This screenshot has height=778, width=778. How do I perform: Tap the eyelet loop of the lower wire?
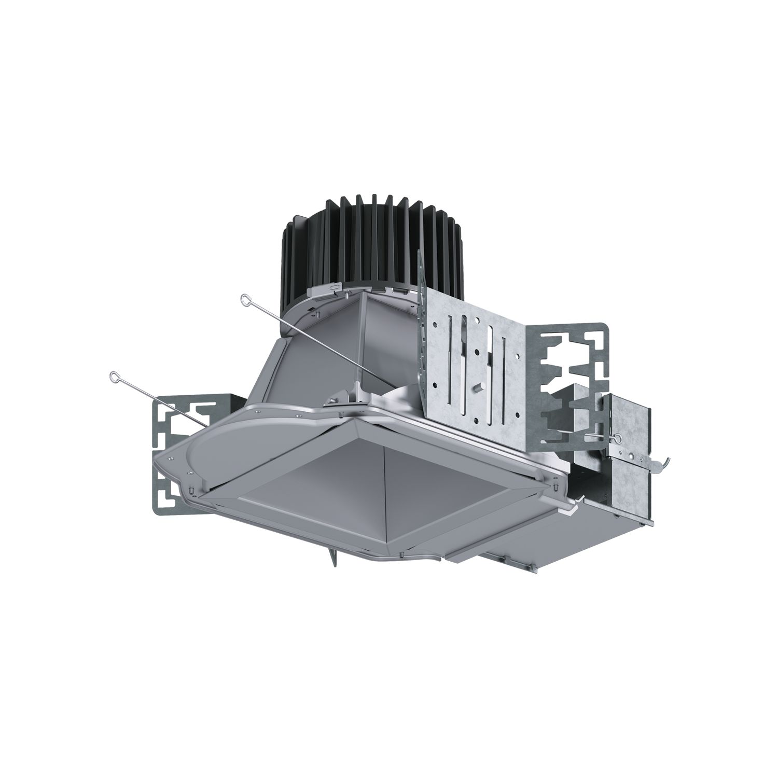tap(114, 376)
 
